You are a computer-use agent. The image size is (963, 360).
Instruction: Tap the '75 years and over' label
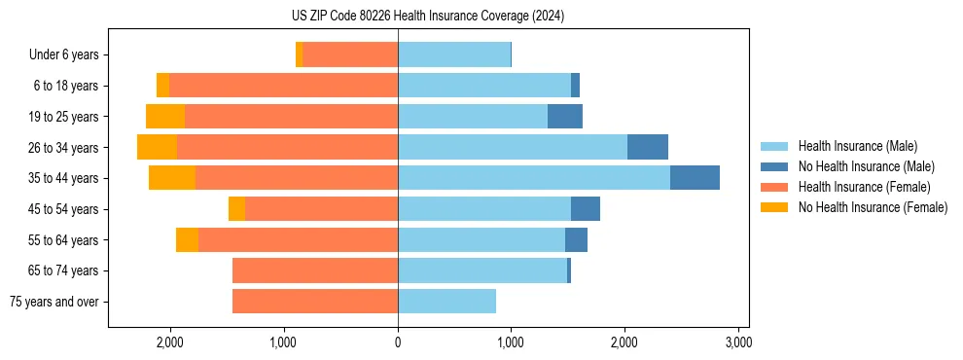point(54,302)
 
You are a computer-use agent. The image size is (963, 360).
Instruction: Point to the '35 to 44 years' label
point(64,178)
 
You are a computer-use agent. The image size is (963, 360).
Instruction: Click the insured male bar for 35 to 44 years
point(533,178)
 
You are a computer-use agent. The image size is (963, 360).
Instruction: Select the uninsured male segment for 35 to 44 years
point(695,178)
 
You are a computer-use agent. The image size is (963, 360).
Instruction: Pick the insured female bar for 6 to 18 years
point(283,86)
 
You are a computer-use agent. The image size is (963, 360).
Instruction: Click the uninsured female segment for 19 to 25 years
point(165,117)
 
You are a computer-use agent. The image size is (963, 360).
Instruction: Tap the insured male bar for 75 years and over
point(446,302)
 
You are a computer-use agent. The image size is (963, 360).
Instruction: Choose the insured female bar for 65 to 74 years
point(315,270)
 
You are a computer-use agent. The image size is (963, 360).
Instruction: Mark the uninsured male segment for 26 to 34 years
point(648,147)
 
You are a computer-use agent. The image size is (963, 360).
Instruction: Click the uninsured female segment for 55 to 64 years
point(187,239)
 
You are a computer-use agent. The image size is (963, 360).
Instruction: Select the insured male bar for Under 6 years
point(454,54)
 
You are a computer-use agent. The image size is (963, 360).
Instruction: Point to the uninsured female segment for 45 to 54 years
point(236,209)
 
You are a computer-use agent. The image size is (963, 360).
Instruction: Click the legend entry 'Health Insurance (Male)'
point(857,146)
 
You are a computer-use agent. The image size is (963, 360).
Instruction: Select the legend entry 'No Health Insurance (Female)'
point(873,207)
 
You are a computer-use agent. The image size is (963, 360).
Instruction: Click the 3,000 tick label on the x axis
point(738,342)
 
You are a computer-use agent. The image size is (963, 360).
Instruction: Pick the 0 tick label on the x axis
point(398,342)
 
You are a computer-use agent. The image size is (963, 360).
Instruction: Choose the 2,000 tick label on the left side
point(170,342)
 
